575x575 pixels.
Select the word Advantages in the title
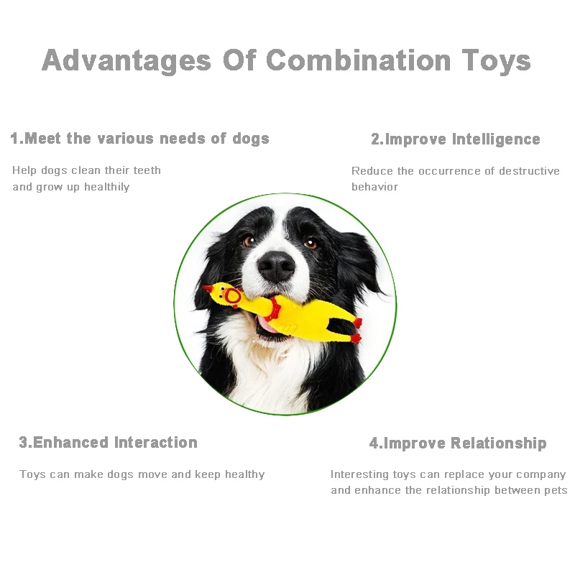pyautogui.click(x=126, y=61)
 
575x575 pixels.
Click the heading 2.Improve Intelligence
pyautogui.click(x=455, y=139)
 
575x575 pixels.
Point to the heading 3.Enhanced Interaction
pyautogui.click(x=108, y=443)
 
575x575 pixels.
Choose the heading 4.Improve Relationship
pyautogui.click(x=458, y=443)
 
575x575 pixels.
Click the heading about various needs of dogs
pyautogui.click(x=139, y=139)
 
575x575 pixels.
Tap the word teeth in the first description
pyautogui.click(x=146, y=170)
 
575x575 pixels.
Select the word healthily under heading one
pyautogui.click(x=106, y=187)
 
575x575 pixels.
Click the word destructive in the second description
pyautogui.click(x=530, y=171)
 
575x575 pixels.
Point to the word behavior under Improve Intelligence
pyautogui.click(x=374, y=187)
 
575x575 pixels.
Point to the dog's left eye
pyautogui.click(x=249, y=241)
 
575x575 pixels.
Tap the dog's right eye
pyautogui.click(x=311, y=243)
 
